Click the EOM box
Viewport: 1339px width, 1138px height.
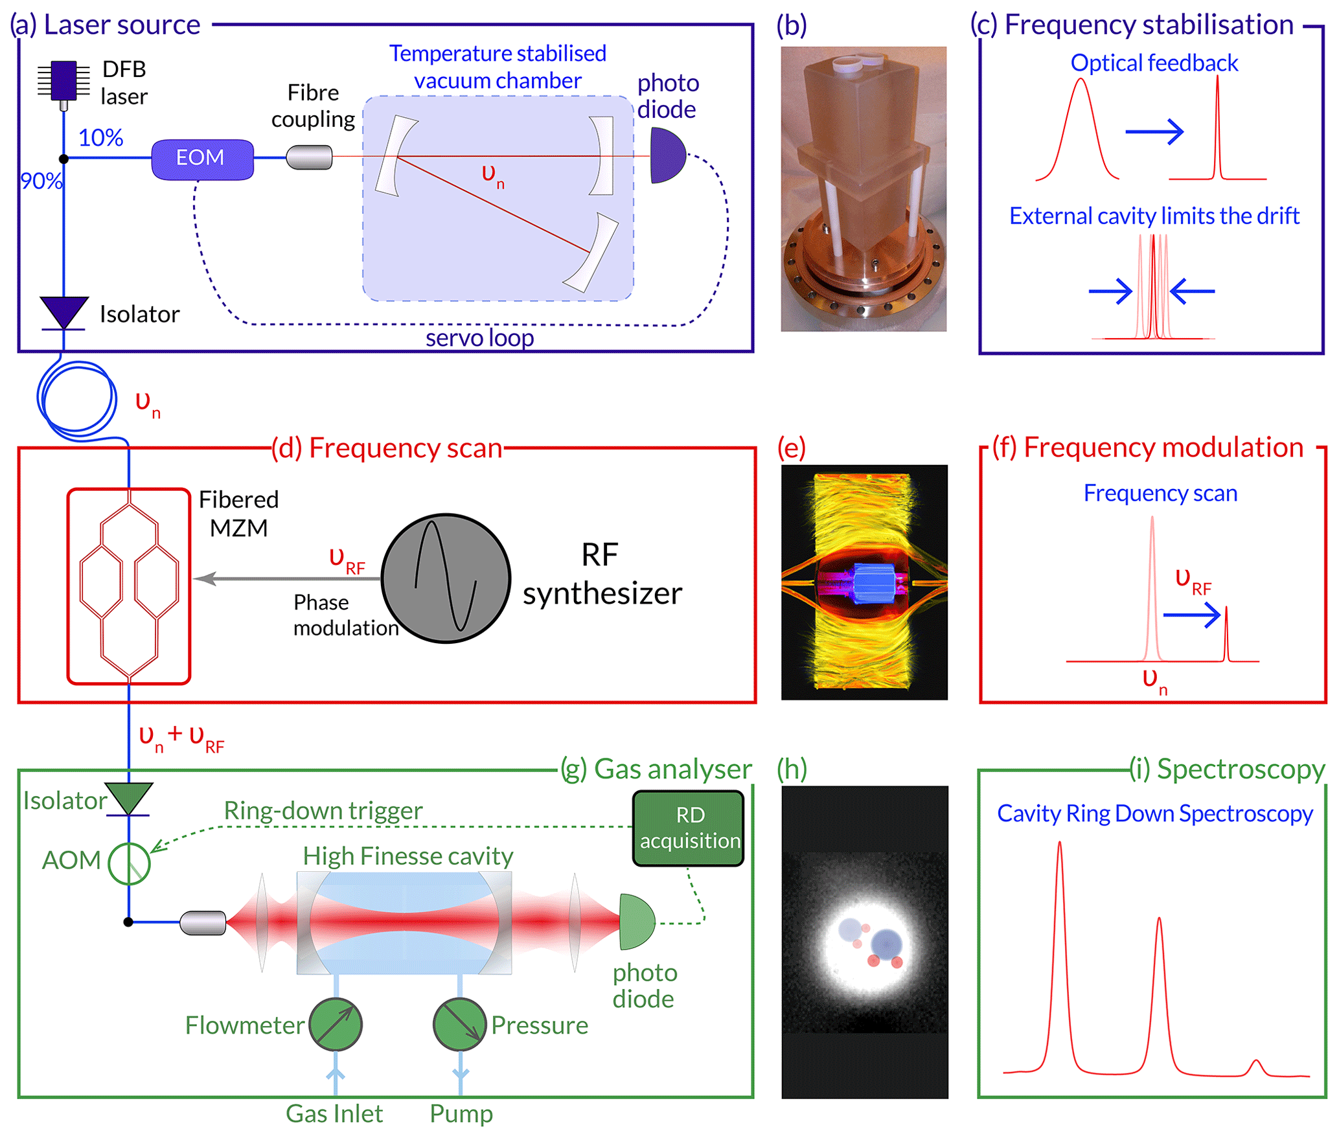click(202, 159)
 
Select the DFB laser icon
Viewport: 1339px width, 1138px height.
click(63, 82)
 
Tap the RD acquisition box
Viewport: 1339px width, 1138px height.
click(688, 827)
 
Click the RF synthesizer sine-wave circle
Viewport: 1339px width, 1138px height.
click(446, 578)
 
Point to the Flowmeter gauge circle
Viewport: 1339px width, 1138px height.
click(335, 1024)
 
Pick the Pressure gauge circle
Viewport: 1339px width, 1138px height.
click(459, 1024)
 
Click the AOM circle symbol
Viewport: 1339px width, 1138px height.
click(129, 863)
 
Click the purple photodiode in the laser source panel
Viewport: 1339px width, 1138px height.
click(666, 155)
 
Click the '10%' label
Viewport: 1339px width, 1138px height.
click(100, 138)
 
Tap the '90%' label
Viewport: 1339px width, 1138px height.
click(41, 181)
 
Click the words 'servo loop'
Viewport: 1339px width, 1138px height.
click(479, 338)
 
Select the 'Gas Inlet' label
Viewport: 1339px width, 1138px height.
click(334, 1113)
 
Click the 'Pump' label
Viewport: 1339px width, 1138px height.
click(461, 1113)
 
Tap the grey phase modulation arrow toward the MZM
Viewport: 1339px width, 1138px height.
click(285, 578)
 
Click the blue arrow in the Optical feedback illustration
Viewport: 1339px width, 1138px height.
click(1154, 132)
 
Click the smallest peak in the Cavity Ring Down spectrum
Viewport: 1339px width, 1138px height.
click(1255, 1065)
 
